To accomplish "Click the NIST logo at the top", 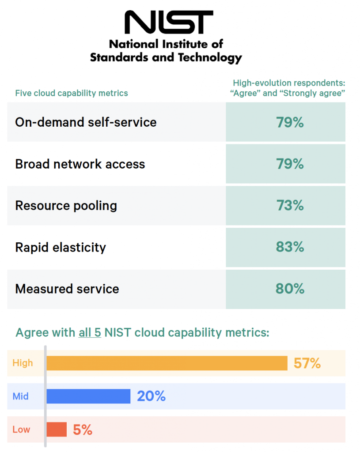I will [x=168, y=23].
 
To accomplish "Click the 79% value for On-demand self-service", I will [x=290, y=122].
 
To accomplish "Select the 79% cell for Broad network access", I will [x=290, y=164].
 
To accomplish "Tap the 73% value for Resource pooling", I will [x=290, y=206].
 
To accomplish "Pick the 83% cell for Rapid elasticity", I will [x=290, y=247].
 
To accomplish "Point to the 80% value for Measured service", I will [x=290, y=289].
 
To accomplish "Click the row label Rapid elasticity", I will [x=61, y=248].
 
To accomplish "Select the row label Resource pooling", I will [x=66, y=206].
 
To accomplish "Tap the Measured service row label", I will [x=67, y=289].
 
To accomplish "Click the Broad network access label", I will [x=80, y=164].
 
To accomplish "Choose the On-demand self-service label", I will [x=86, y=122].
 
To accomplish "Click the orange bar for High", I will [x=167, y=363].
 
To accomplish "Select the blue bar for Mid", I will [x=88, y=396].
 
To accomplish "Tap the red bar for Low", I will [x=57, y=429].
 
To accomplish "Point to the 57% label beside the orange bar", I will [x=307, y=363].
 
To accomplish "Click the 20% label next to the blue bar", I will [x=151, y=396].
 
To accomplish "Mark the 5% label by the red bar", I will [x=83, y=429].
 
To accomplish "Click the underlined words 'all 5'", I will [x=90, y=332].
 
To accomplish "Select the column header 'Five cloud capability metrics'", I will [x=72, y=93].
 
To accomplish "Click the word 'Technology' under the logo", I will [x=210, y=57].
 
